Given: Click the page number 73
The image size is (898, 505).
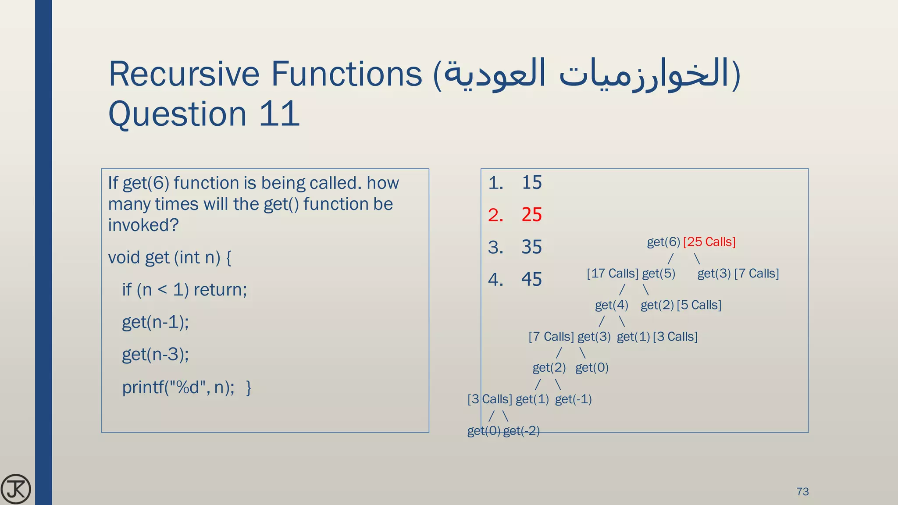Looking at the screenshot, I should coord(802,491).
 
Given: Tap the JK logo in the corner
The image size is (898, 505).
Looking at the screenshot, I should coord(16,489).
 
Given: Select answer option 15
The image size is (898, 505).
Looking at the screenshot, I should coord(531,182).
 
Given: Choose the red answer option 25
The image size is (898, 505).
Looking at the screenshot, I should coord(531,215).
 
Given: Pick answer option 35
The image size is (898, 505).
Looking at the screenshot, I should coord(531,247).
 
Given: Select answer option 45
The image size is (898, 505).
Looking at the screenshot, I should coord(531,279).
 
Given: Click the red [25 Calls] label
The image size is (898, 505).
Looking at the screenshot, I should coord(709,242).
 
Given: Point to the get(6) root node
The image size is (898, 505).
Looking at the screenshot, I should coord(663,242).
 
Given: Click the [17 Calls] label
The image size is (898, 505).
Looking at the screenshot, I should coord(613,274).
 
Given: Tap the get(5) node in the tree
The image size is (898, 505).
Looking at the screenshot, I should coord(659,274).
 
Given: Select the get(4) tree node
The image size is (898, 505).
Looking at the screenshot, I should coord(611,305).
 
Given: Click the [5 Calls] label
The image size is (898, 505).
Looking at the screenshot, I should coord(699,305).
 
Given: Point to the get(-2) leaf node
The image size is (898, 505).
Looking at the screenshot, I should coord(521,431).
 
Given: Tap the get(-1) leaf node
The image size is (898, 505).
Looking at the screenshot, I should coord(573,399).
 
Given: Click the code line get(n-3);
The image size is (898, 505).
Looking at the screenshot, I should coord(155,354).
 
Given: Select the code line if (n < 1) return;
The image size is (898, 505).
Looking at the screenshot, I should coord(185,290).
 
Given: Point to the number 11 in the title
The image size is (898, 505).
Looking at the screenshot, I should coord(279,114).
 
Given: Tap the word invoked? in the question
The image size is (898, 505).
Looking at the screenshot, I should coord(143,225).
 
